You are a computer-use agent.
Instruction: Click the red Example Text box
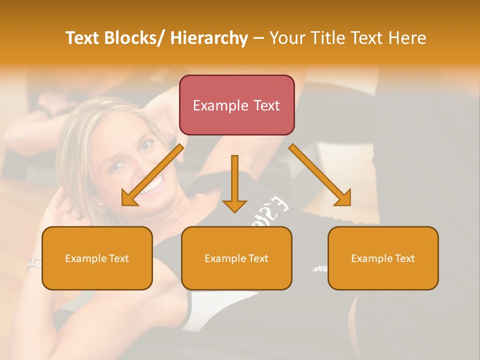tap(236, 105)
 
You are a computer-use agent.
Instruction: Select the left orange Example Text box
tap(97, 258)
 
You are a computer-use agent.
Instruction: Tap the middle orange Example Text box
tap(236, 258)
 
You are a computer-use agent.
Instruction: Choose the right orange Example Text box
tap(383, 258)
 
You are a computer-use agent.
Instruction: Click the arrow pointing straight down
tap(234, 183)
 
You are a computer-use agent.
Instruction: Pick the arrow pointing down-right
tap(320, 175)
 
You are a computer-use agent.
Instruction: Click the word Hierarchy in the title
tap(209, 38)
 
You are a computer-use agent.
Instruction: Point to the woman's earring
tap(101, 203)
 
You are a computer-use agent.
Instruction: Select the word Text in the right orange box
tap(404, 258)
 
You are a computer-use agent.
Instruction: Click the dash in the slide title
tap(258, 38)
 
